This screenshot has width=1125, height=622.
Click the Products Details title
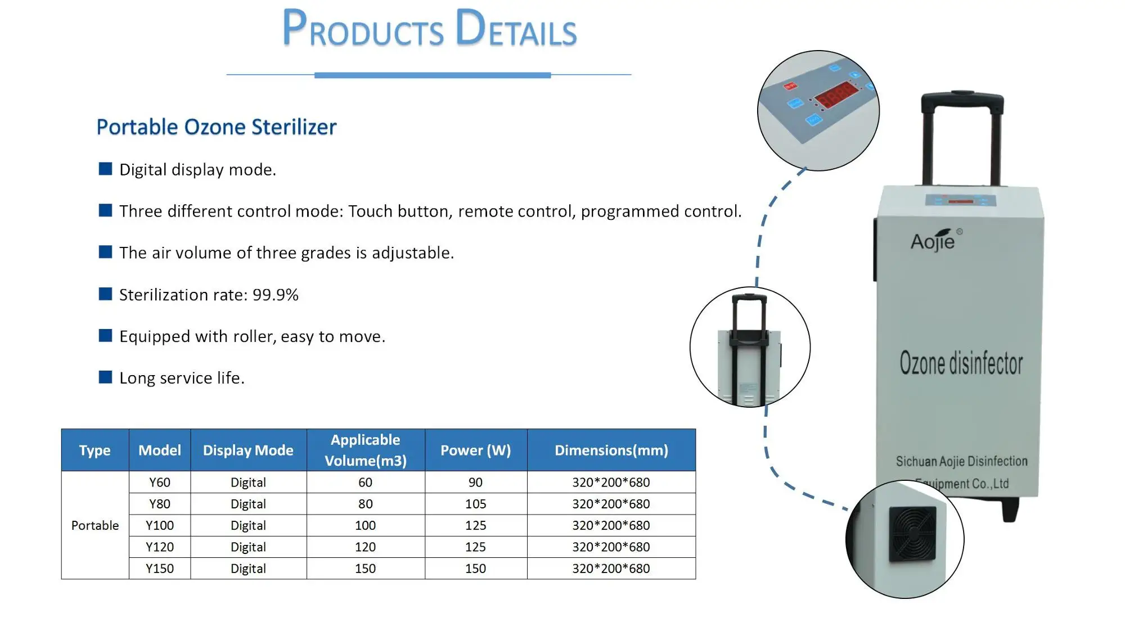pyautogui.click(x=429, y=28)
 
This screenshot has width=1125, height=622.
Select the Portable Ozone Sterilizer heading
pyautogui.click(x=217, y=127)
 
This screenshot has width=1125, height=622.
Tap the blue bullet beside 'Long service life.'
pyautogui.click(x=105, y=377)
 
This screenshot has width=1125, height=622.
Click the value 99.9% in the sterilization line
pyautogui.click(x=276, y=295)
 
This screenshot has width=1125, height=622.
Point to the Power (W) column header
pyautogui.click(x=476, y=450)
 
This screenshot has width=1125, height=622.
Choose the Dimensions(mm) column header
pyautogui.click(x=611, y=450)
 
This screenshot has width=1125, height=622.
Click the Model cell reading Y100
pyautogui.click(x=160, y=525)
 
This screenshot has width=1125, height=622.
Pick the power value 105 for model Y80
pyautogui.click(x=476, y=504)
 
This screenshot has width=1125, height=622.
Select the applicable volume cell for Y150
pyautogui.click(x=366, y=569)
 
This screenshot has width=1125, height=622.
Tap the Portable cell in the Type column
pyautogui.click(x=95, y=525)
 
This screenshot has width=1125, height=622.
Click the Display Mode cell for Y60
pyautogui.click(x=248, y=483)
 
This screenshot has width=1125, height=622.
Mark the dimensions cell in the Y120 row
pyautogui.click(x=611, y=547)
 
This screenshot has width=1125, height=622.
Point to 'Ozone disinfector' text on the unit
pyautogui.click(x=961, y=363)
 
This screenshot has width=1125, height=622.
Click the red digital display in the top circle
pyautogui.click(x=837, y=94)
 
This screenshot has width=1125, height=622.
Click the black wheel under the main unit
pyautogui.click(x=1011, y=510)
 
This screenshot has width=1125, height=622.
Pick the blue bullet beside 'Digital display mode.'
pyautogui.click(x=105, y=169)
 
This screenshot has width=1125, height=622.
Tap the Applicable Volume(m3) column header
pyautogui.click(x=366, y=450)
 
